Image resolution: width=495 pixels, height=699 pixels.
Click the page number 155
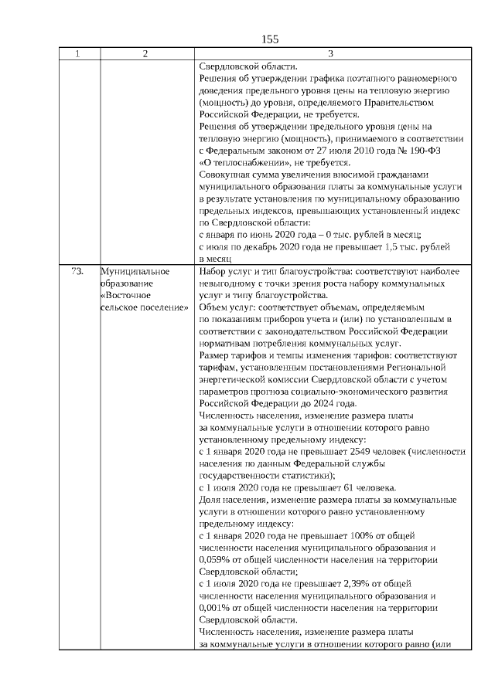point(269,39)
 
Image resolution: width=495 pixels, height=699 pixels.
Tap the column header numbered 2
point(145,53)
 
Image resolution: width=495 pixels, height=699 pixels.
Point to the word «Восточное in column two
point(125,295)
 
